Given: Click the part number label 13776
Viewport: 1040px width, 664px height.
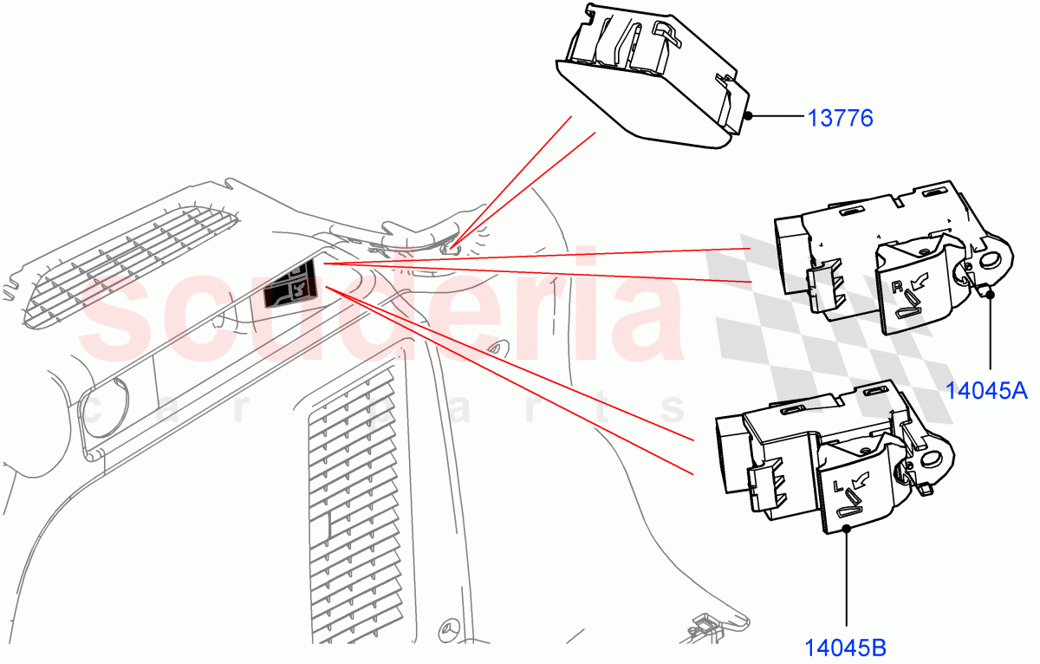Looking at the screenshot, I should [840, 116].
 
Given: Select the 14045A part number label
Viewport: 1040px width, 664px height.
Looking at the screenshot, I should [985, 390].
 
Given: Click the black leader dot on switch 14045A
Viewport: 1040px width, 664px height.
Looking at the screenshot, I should [989, 294].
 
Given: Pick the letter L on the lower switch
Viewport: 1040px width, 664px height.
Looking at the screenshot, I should [838, 485].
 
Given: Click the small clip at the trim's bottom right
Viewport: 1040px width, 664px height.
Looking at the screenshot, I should [704, 626].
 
